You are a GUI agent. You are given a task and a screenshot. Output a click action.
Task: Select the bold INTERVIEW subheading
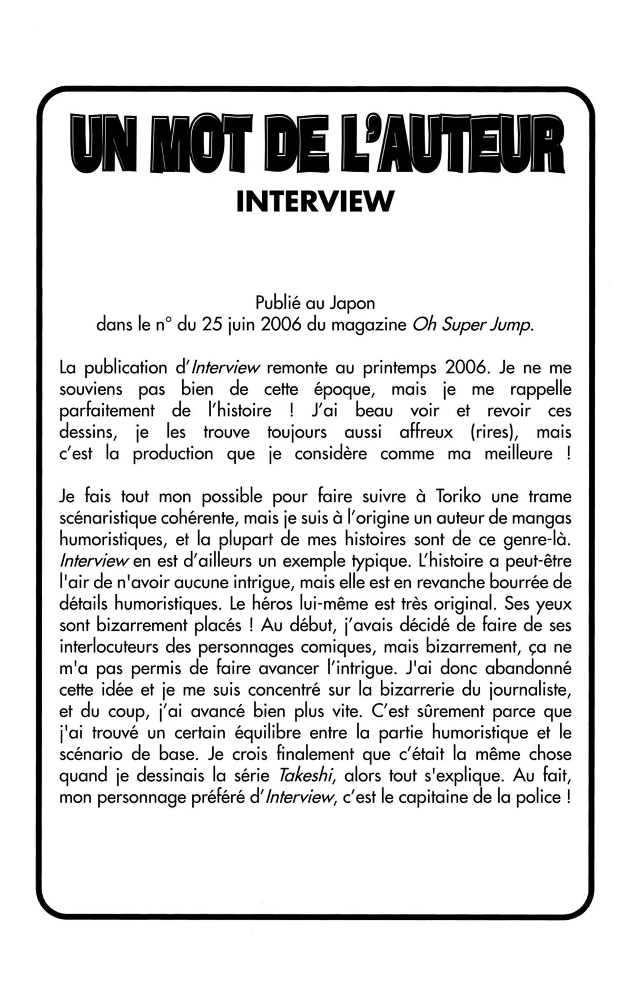[315, 201]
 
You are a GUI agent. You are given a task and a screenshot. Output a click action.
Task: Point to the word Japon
[353, 304]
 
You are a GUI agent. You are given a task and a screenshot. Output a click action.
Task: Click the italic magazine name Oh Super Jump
[473, 325]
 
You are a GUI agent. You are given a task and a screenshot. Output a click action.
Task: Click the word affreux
[426, 432]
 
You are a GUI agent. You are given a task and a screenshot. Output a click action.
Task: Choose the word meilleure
[519, 454]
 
